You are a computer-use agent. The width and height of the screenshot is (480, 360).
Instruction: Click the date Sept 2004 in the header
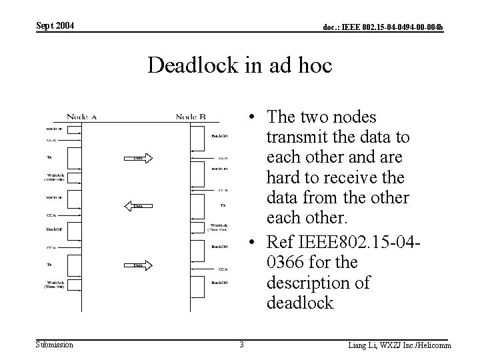pyautogui.click(x=55, y=25)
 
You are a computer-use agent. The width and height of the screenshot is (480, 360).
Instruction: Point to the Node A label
pyautogui.click(x=82, y=117)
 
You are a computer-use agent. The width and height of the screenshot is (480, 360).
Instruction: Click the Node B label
pyautogui.click(x=191, y=117)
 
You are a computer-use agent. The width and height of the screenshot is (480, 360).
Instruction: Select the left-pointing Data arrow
pyautogui.click(x=137, y=206)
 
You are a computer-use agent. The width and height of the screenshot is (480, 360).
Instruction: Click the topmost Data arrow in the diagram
pyautogui.click(x=139, y=158)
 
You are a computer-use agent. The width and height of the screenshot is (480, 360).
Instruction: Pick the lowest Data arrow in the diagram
pyautogui.click(x=139, y=265)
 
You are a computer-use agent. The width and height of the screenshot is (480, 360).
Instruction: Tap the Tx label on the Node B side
pyautogui.click(x=223, y=206)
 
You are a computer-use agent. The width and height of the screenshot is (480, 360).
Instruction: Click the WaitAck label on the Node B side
pyautogui.click(x=219, y=227)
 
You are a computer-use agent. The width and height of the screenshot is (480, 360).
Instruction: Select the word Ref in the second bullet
pyautogui.click(x=279, y=241)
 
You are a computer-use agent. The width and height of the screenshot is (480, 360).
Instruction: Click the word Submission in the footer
pyautogui.click(x=55, y=345)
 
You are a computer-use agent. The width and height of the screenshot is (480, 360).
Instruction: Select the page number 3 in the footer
pyautogui.click(x=242, y=345)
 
